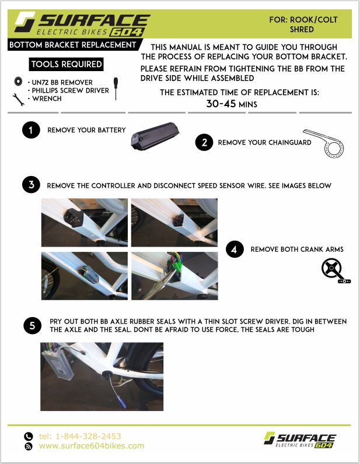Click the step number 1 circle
pos(31,130)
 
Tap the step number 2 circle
pos(204,142)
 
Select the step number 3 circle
pos(31,185)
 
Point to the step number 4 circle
pos(235,249)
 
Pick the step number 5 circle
pos(32,325)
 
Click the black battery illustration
pos(155,136)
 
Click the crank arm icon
pos(335,270)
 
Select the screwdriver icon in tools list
pos(116,89)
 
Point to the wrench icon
pos(18,100)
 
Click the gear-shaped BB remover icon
pos(18,81)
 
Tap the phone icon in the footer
pos(29,436)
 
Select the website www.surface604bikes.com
pos(92,446)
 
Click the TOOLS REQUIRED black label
pos(67,64)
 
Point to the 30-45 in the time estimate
pos(221,104)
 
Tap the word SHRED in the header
pos(302,30)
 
